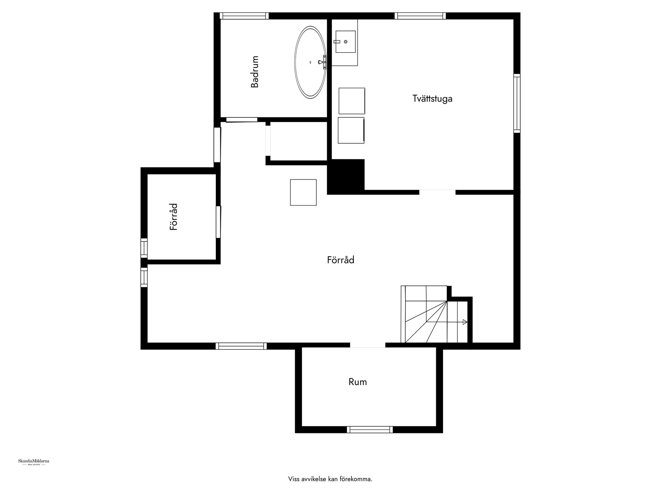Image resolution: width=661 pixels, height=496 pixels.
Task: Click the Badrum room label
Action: pos(255,72)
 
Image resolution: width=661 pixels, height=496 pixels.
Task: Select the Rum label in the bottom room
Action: pos(358,382)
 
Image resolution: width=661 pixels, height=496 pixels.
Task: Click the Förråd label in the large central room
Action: pos(340,260)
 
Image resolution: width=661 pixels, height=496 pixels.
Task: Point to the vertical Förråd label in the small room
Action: pos(174,217)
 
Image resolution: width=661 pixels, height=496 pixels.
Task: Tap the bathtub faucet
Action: pos(323,62)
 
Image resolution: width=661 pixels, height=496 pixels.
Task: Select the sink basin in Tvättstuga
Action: pos(345,42)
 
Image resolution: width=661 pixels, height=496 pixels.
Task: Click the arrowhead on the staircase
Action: pos(465,322)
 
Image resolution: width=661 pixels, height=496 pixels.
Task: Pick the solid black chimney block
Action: pos(346,176)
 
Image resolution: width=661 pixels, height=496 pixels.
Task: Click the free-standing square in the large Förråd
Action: pos(303,192)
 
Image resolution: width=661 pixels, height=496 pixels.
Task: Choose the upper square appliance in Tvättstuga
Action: pos(352,101)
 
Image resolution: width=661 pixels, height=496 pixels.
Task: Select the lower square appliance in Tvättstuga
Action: pos(351,130)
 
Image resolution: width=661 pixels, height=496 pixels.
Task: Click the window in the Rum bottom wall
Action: pos(370,429)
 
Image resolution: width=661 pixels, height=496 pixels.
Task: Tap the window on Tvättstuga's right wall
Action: pos(517,103)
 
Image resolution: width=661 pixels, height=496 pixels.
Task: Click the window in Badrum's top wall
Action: pos(244,16)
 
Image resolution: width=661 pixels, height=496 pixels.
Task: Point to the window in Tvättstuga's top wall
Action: pos(420,16)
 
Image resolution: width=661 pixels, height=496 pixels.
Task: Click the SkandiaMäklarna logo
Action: pos(33,462)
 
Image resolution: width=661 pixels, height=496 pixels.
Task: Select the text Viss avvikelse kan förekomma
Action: pos(330,479)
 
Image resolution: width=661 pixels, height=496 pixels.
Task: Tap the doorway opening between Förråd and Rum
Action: pos(367,345)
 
